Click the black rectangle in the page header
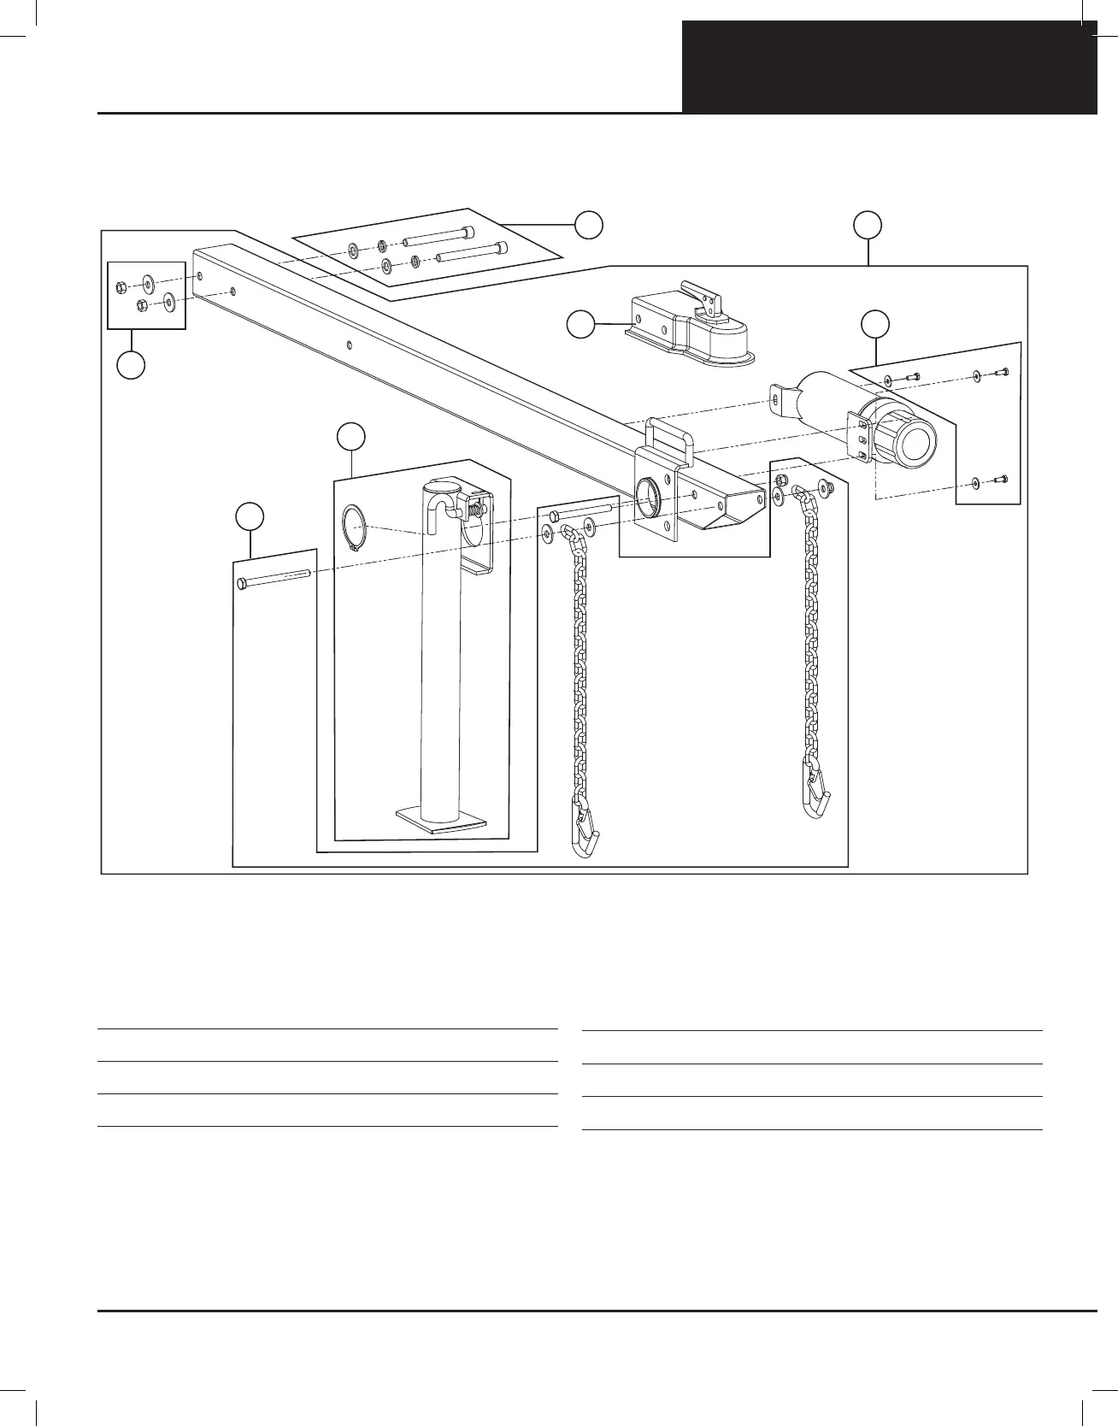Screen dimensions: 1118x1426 coord(889,67)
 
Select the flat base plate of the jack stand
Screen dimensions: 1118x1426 coord(440,820)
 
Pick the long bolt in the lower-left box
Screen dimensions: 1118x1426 coord(273,579)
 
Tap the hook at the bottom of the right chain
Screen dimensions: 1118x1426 coord(815,792)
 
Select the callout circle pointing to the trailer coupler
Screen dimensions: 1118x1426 coord(581,325)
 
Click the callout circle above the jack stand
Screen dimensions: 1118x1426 coord(350,436)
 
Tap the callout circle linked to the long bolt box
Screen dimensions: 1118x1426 coord(249,516)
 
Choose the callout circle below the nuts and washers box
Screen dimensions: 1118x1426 coord(131,365)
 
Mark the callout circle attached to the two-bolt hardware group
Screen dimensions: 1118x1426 coord(588,224)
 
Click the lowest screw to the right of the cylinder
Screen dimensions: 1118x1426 coord(1003,479)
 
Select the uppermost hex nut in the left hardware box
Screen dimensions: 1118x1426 coord(121,286)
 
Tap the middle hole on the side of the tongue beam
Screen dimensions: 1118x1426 coord(350,345)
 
